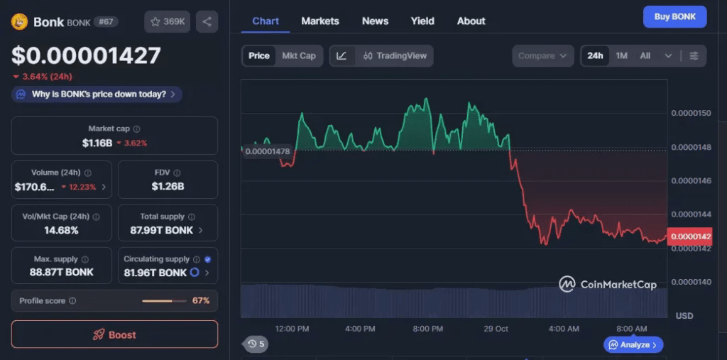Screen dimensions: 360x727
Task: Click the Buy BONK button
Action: tap(674, 16)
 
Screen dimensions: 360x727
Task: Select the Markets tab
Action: tap(320, 21)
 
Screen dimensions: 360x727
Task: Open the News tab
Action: tap(375, 21)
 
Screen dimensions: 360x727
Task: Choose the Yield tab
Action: tap(422, 21)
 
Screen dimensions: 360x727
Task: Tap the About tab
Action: tap(471, 21)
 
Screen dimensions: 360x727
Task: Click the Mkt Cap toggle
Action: tap(299, 55)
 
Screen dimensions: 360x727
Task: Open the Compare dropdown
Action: tap(542, 55)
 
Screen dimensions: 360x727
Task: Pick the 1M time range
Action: tap(621, 55)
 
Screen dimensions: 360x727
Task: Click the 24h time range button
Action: tap(595, 55)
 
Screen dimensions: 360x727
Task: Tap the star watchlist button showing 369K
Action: tap(167, 21)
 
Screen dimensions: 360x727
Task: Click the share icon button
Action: tap(207, 21)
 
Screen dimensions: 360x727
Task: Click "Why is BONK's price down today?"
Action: tap(97, 94)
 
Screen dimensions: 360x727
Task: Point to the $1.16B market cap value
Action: tap(97, 143)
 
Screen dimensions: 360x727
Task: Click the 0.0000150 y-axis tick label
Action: tap(692, 114)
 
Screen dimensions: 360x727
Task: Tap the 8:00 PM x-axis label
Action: tap(427, 329)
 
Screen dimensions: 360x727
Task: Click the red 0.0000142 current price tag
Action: tap(689, 236)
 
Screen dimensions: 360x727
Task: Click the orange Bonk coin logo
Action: tap(19, 22)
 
